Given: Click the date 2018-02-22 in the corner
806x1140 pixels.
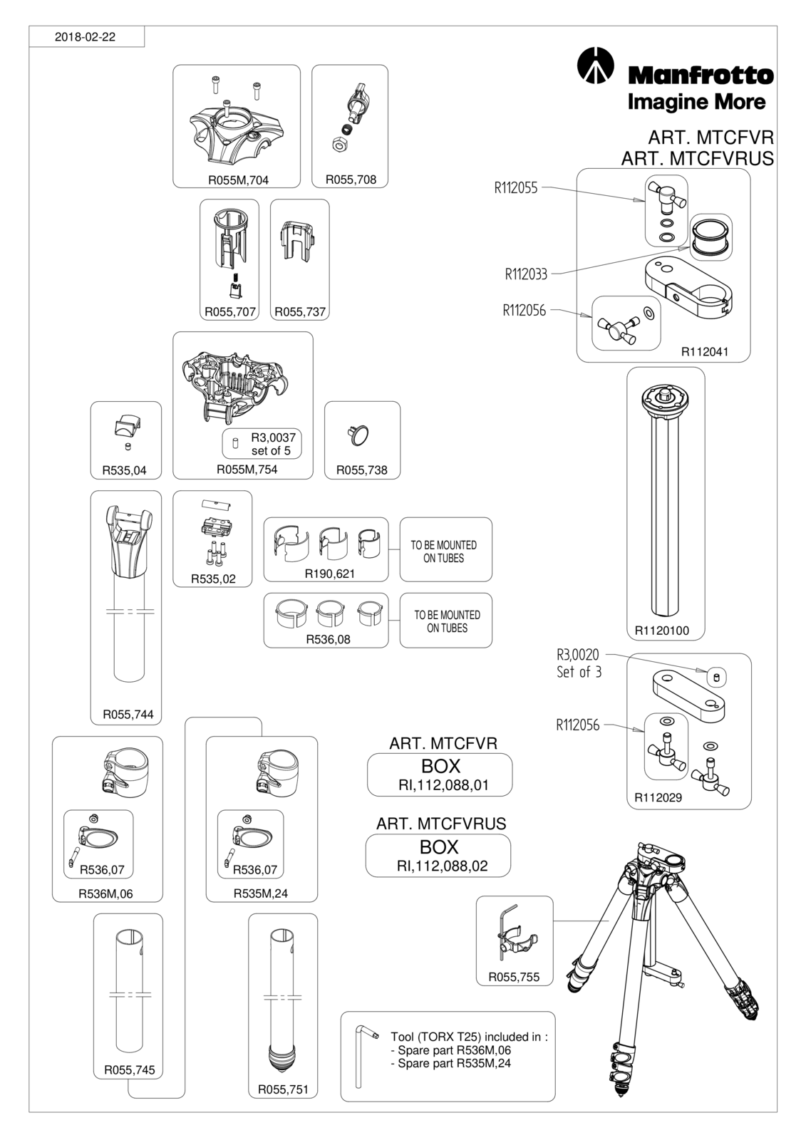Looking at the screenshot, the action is point(85,37).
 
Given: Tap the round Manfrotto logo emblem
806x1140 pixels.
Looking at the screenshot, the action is point(595,65).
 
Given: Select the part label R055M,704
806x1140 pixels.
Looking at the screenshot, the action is point(238,180).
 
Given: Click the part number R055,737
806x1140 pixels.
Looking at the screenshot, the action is point(300,312).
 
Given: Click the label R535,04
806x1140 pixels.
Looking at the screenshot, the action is point(124,470).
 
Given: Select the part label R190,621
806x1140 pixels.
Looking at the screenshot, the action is point(329,574).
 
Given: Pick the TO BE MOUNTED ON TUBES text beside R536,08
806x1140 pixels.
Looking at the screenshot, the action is point(447,621).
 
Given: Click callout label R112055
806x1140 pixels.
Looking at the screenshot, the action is point(516,188).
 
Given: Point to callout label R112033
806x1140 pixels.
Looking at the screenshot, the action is point(526,274).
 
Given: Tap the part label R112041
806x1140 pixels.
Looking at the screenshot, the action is point(705,352).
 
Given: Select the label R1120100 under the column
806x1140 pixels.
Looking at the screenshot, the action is point(662,631).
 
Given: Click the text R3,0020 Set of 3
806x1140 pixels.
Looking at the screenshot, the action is point(579,663).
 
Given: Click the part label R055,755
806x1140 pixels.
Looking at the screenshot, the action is point(514,977).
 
